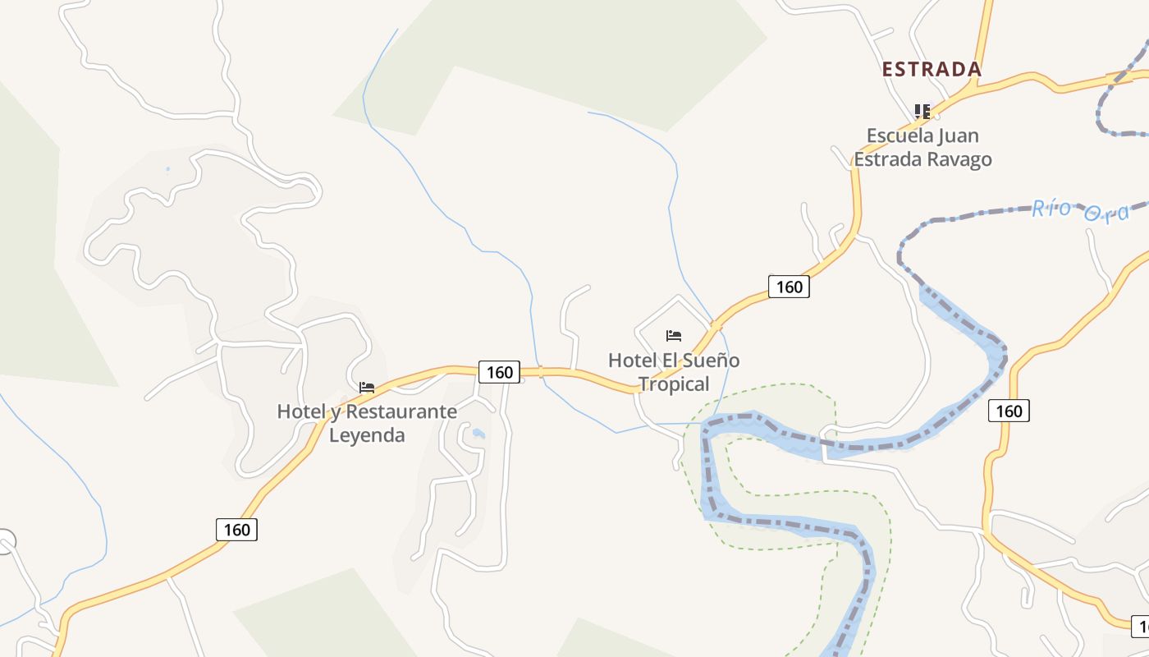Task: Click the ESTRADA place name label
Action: (x=932, y=70)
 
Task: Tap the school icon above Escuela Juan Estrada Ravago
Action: (x=922, y=111)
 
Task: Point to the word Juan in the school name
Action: (x=957, y=136)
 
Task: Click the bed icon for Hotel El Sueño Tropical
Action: (x=674, y=335)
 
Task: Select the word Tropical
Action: (x=674, y=384)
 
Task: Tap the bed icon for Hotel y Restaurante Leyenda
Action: (x=367, y=387)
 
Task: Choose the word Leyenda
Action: (x=367, y=435)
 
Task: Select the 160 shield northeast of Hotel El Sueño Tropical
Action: (x=789, y=287)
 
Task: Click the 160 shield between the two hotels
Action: (x=499, y=372)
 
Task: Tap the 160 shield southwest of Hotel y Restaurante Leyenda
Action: (x=236, y=530)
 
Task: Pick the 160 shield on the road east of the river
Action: (x=1009, y=411)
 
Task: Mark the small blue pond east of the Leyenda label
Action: (x=478, y=433)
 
